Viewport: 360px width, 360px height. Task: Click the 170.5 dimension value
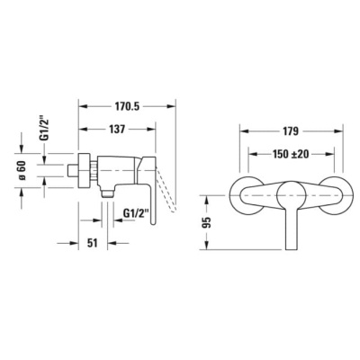pyautogui.click(x=126, y=80)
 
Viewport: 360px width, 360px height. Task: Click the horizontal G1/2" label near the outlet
pyautogui.click(x=135, y=213)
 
